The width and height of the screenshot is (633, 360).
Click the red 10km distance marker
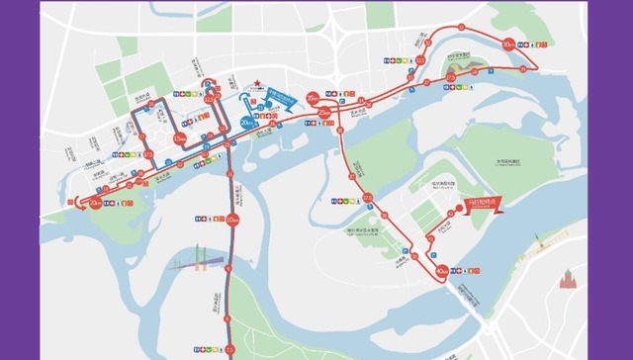point(232,219)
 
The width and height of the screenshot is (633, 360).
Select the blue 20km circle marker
point(246,123)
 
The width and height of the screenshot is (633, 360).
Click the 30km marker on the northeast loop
point(508,45)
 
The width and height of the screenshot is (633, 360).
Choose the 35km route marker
point(313,97)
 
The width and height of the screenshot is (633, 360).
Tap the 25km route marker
point(326,115)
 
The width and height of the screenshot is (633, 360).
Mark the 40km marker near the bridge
point(442,268)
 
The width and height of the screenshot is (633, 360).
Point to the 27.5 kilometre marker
point(450,77)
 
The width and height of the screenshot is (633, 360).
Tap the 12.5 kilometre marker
point(209,100)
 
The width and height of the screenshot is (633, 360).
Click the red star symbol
point(254,83)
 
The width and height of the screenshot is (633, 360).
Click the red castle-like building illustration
point(567,280)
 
